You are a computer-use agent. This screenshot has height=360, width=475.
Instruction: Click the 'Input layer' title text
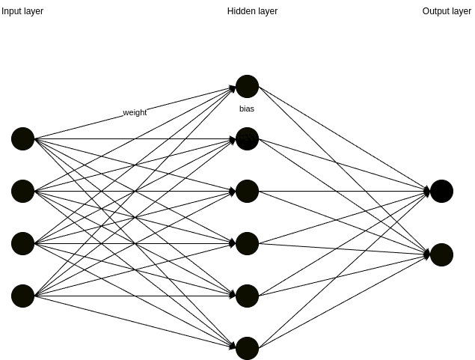[22, 11]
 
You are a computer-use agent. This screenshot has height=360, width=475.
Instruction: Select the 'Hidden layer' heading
[252, 11]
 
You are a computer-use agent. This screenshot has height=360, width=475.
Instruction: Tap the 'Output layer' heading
[447, 11]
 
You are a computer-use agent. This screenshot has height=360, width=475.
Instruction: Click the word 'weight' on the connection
[135, 112]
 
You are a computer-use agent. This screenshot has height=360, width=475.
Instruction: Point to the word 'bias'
[247, 109]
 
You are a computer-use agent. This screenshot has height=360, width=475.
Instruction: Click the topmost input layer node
[22, 138]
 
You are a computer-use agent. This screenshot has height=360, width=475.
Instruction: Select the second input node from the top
[22, 191]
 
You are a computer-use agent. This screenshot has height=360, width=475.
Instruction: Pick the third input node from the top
[22, 243]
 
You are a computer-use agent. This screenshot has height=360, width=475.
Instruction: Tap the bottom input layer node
[22, 296]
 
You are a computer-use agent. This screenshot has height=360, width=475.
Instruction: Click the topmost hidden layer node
[247, 86]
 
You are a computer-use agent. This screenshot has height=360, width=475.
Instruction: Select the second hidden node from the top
[247, 138]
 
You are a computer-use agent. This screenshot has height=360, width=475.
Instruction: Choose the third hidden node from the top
[247, 191]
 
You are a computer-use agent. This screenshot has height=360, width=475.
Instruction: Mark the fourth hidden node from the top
[247, 243]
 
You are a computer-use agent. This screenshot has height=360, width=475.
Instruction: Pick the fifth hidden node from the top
[247, 296]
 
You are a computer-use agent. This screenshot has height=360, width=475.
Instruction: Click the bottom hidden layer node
[247, 348]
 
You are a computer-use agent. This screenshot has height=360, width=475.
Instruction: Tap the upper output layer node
[441, 191]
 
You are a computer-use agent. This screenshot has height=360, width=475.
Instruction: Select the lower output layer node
[441, 254]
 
